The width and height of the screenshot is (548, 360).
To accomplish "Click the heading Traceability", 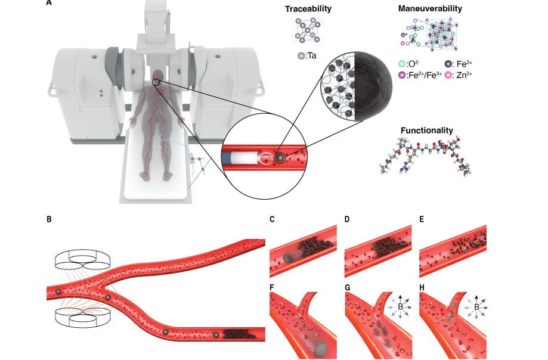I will [x=308, y=9].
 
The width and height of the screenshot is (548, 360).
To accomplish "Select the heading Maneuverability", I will [x=429, y=9].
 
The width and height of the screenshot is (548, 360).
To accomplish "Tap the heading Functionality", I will [x=426, y=130].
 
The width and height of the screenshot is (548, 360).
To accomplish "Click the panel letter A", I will [x=48, y=2].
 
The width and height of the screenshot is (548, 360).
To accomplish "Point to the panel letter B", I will [x=48, y=219].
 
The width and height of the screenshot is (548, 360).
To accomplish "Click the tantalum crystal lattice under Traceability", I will [x=307, y=30].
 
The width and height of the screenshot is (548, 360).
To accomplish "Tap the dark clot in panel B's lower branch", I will [x=240, y=335].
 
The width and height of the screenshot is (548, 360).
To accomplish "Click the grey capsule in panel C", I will [x=289, y=256].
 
